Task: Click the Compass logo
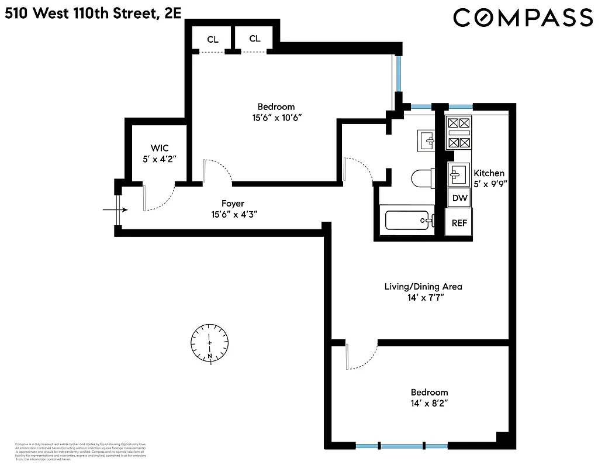[x=523, y=18]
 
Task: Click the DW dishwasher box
[x=460, y=198]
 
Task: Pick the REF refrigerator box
[x=459, y=222]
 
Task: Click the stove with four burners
[x=458, y=132]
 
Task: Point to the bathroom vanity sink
[x=427, y=140]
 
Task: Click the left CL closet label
[x=213, y=40]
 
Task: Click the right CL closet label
[x=255, y=39]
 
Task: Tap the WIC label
[x=160, y=149]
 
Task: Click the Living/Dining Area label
[x=423, y=287]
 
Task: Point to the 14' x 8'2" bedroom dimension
[x=429, y=403]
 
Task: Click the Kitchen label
[x=489, y=173]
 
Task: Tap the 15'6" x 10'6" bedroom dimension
[x=276, y=117]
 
